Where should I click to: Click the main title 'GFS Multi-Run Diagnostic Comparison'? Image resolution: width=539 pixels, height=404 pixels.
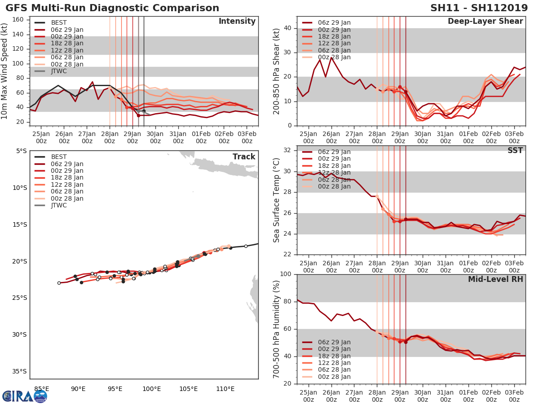[x=112, y=8]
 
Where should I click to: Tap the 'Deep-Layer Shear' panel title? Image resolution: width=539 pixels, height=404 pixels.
[x=485, y=22]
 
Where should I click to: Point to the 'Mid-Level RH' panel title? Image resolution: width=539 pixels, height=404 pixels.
[x=495, y=279]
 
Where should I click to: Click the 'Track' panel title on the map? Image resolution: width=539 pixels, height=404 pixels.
[x=244, y=157]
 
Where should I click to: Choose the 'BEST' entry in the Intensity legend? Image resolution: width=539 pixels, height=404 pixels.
[x=59, y=22]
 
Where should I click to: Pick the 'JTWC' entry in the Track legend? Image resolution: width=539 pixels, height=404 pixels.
[x=59, y=205]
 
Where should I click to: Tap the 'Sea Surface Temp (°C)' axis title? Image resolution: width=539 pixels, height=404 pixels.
[x=277, y=201]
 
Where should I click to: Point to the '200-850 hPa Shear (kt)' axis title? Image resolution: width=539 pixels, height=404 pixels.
[x=277, y=71]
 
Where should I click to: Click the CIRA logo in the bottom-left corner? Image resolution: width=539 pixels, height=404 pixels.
[x=24, y=396]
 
